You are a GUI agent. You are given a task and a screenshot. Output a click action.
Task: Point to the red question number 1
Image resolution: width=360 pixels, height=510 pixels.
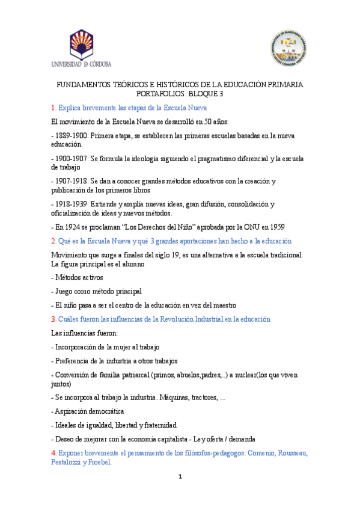[53, 108]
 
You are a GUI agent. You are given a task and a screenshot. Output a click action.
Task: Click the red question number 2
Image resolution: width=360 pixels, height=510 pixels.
[53, 241]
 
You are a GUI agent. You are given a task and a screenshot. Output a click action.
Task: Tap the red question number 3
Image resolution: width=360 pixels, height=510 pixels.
[53, 319]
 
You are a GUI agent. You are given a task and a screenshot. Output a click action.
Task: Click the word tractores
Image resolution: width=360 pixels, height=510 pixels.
[203, 398]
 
